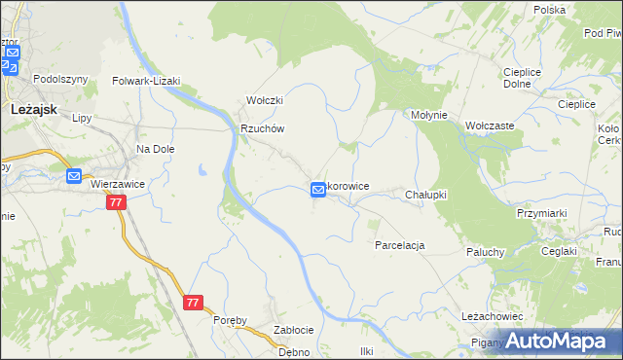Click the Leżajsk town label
[x=30, y=111]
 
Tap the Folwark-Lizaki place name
[x=147, y=82]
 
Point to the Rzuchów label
[x=262, y=128]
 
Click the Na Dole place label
[x=155, y=149]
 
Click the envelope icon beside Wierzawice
[x=75, y=176]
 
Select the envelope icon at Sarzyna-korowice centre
[x=318, y=190]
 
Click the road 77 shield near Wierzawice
[x=116, y=202]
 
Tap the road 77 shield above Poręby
[x=193, y=303]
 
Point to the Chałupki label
[x=425, y=195]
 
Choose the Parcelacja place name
[x=399, y=245]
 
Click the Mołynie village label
[x=428, y=115]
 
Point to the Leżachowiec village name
[x=493, y=317]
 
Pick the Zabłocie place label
[x=293, y=330]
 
